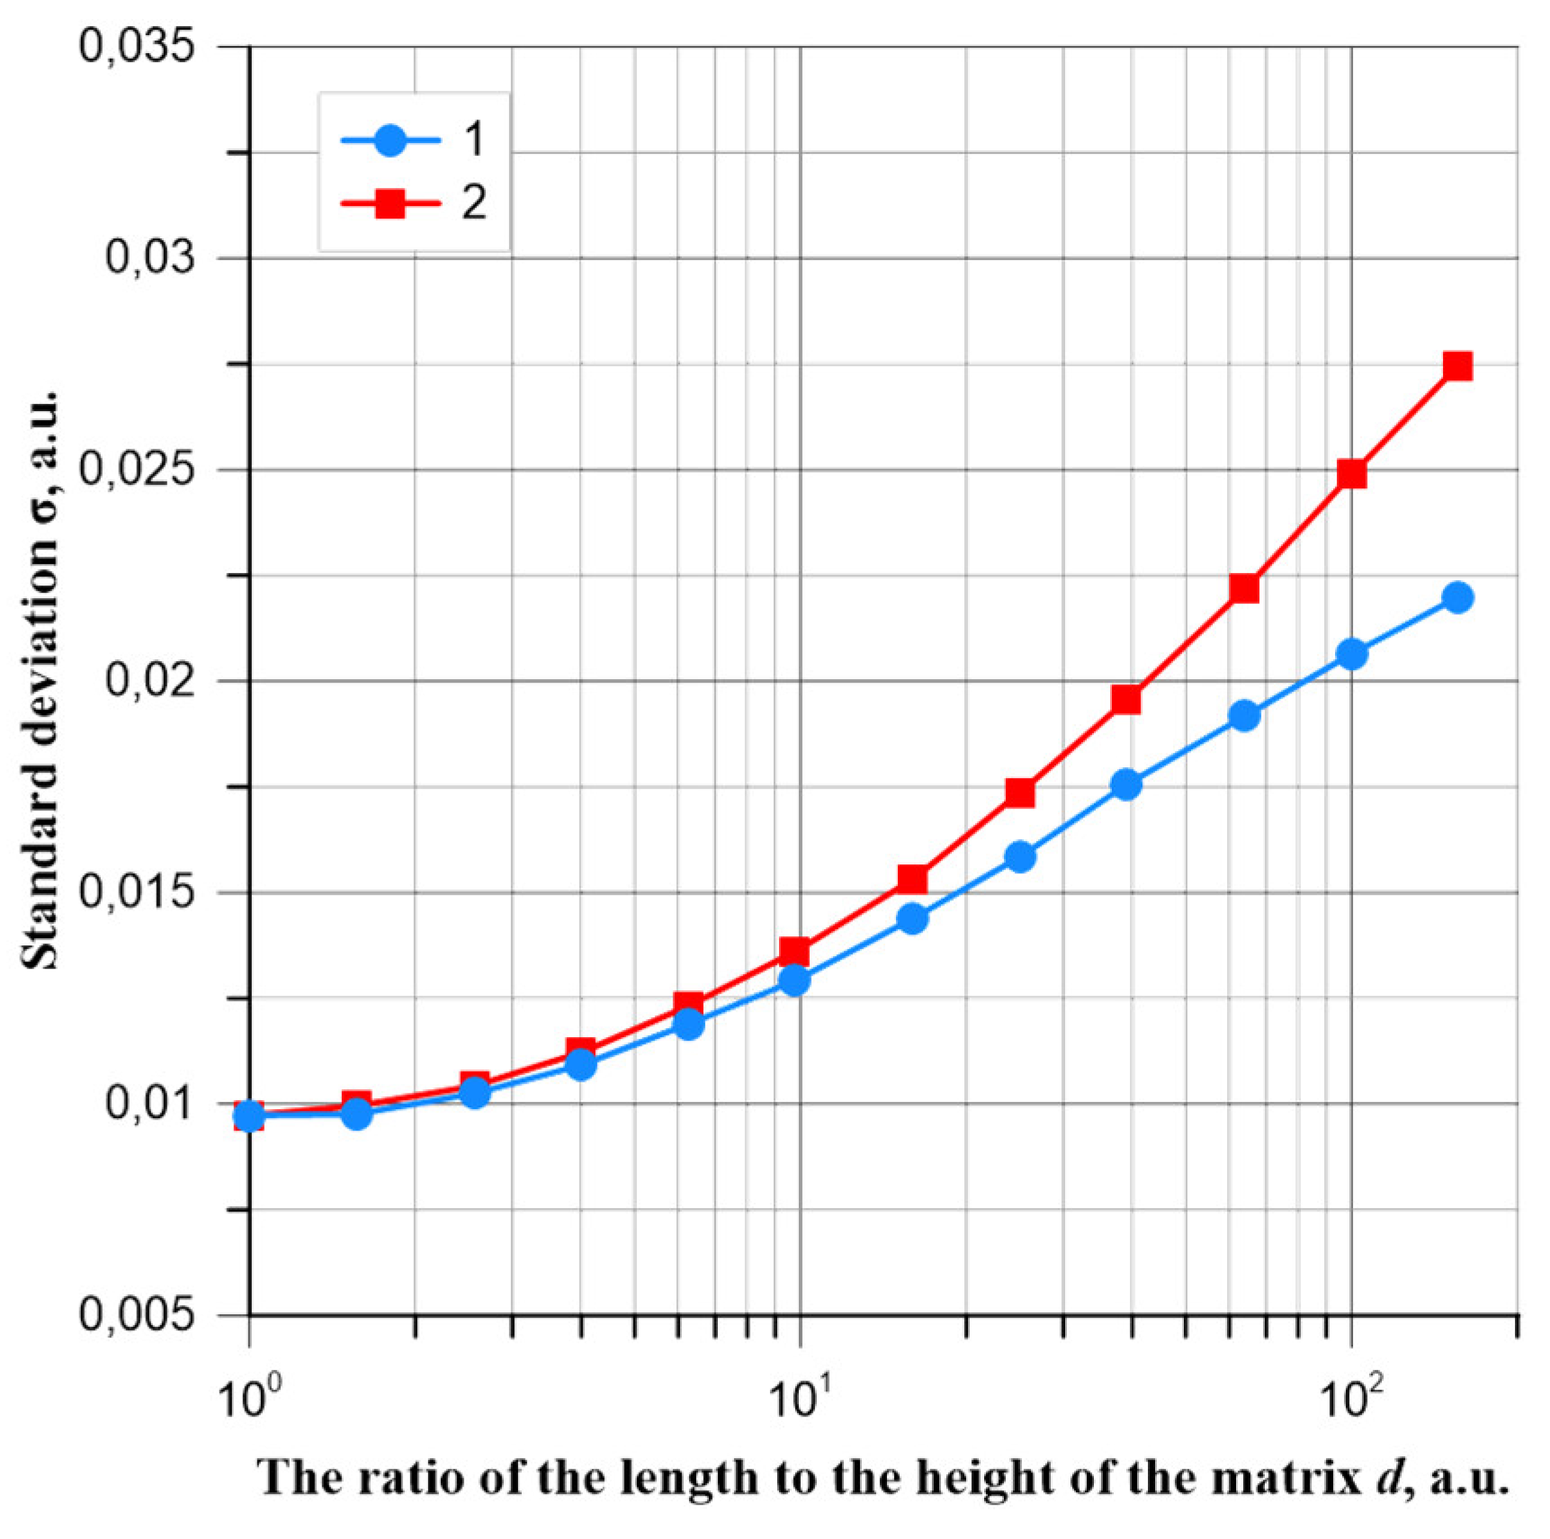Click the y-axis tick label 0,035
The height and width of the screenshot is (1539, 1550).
pyautogui.click(x=137, y=47)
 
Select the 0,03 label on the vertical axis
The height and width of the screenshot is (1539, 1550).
pyautogui.click(x=149, y=258)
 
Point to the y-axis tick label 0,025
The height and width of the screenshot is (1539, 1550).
pyautogui.click(x=137, y=470)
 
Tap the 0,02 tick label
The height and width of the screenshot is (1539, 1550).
pyautogui.click(x=149, y=680)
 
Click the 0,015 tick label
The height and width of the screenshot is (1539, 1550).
pyautogui.click(x=137, y=892)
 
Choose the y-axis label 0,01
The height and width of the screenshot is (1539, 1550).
pyautogui.click(x=149, y=1104)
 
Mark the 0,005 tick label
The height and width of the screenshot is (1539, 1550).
pyautogui.click(x=137, y=1316)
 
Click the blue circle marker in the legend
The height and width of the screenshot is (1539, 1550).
pyautogui.click(x=390, y=141)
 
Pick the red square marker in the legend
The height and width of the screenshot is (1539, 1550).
pyautogui.click(x=390, y=204)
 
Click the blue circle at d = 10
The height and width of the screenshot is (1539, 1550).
pyautogui.click(x=794, y=980)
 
